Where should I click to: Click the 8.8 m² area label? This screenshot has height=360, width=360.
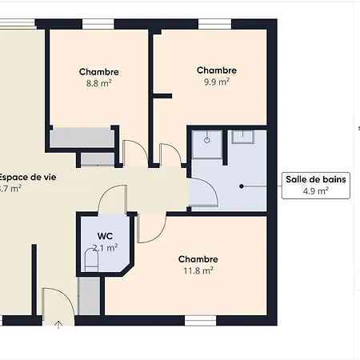click(x=99, y=82)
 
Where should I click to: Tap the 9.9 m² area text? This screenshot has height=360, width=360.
click(x=217, y=82)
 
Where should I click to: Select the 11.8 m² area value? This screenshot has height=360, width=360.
click(x=198, y=270)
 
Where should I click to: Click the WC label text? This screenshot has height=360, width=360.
click(x=105, y=236)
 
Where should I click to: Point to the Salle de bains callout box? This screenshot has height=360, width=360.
click(x=316, y=185)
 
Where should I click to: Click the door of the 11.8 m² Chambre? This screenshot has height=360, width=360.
click(x=147, y=227)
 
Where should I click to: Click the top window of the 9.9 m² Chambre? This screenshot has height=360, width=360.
click(x=214, y=23)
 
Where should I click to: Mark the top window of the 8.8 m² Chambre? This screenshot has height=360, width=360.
click(x=98, y=23)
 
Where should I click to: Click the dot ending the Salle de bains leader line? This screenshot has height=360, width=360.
click(x=241, y=186)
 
